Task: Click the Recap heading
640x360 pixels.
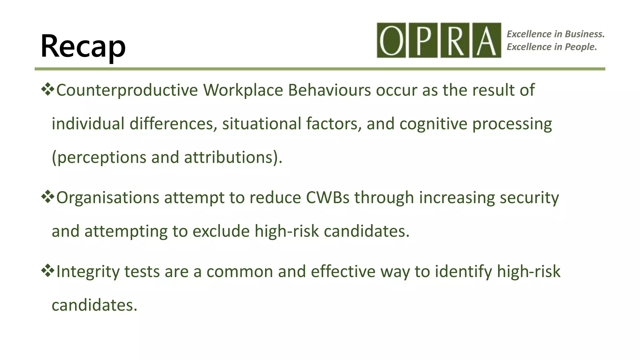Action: pyautogui.click(x=83, y=46)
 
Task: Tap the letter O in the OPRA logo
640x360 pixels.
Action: pyautogui.click(x=391, y=40)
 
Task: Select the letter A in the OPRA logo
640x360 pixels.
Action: pyautogui.click(x=487, y=40)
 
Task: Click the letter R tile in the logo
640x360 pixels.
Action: pyautogui.click(x=455, y=40)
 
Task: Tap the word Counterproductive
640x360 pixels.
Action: pyautogui.click(x=127, y=90)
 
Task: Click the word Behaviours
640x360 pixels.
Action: pyautogui.click(x=329, y=90)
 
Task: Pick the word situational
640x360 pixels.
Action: pyautogui.click(x=262, y=124)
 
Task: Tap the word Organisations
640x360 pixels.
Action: pyautogui.click(x=108, y=198)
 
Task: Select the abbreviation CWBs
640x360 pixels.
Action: pyautogui.click(x=327, y=198)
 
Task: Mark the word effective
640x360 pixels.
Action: pyautogui.click(x=343, y=272)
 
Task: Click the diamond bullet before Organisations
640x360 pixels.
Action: pyautogui.click(x=47, y=197)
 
